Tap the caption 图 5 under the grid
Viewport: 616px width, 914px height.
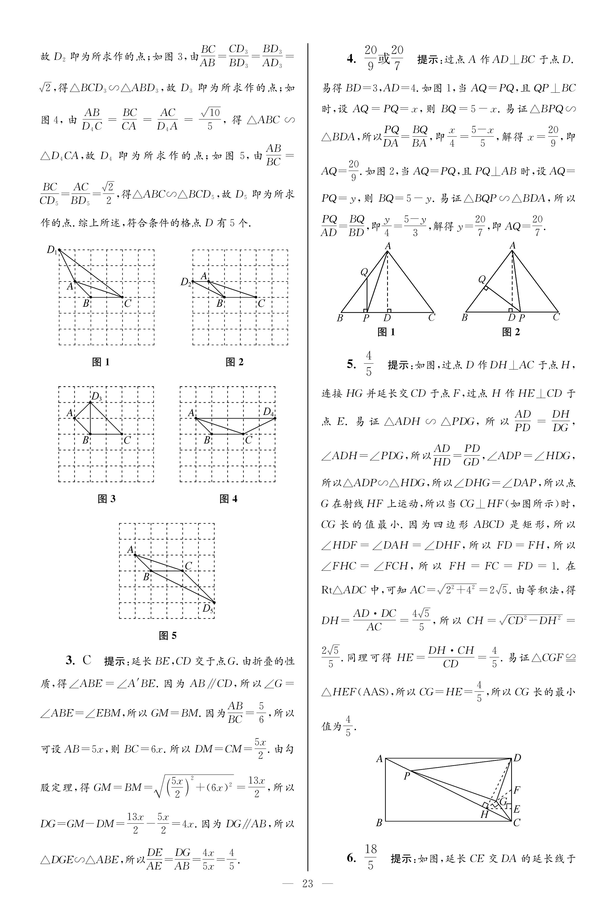tap(168, 635)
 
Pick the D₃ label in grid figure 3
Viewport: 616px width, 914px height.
tap(97, 396)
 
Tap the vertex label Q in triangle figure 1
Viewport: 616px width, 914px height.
tap(364, 272)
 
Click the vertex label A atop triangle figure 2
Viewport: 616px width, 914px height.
tap(512, 246)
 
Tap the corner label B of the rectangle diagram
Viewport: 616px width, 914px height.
tap(379, 822)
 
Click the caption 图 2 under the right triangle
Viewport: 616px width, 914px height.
tap(511, 332)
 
